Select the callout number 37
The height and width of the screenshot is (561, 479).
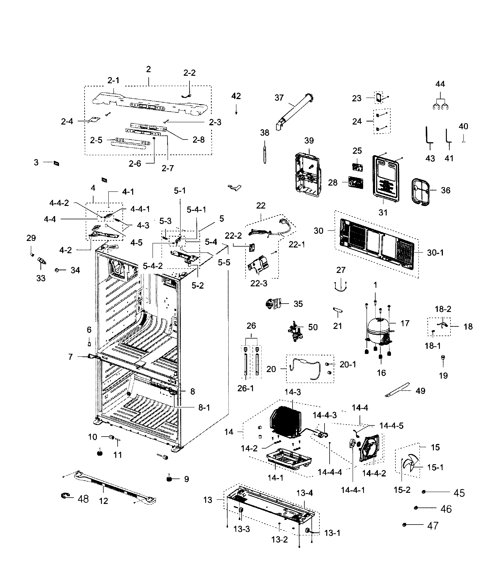tap(279, 98)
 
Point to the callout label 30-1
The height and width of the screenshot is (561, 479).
tap(435, 253)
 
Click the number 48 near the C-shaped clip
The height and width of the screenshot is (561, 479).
tap(83, 499)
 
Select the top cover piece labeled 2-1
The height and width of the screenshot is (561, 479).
tap(146, 103)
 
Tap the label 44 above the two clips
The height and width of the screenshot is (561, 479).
tap(440, 84)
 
